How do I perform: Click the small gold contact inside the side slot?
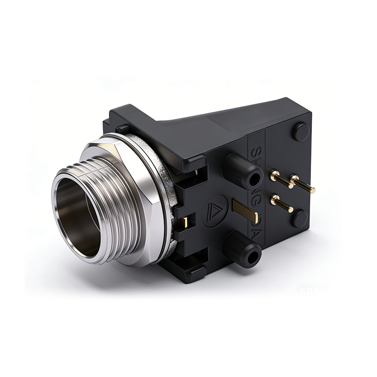coord(187,221)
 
